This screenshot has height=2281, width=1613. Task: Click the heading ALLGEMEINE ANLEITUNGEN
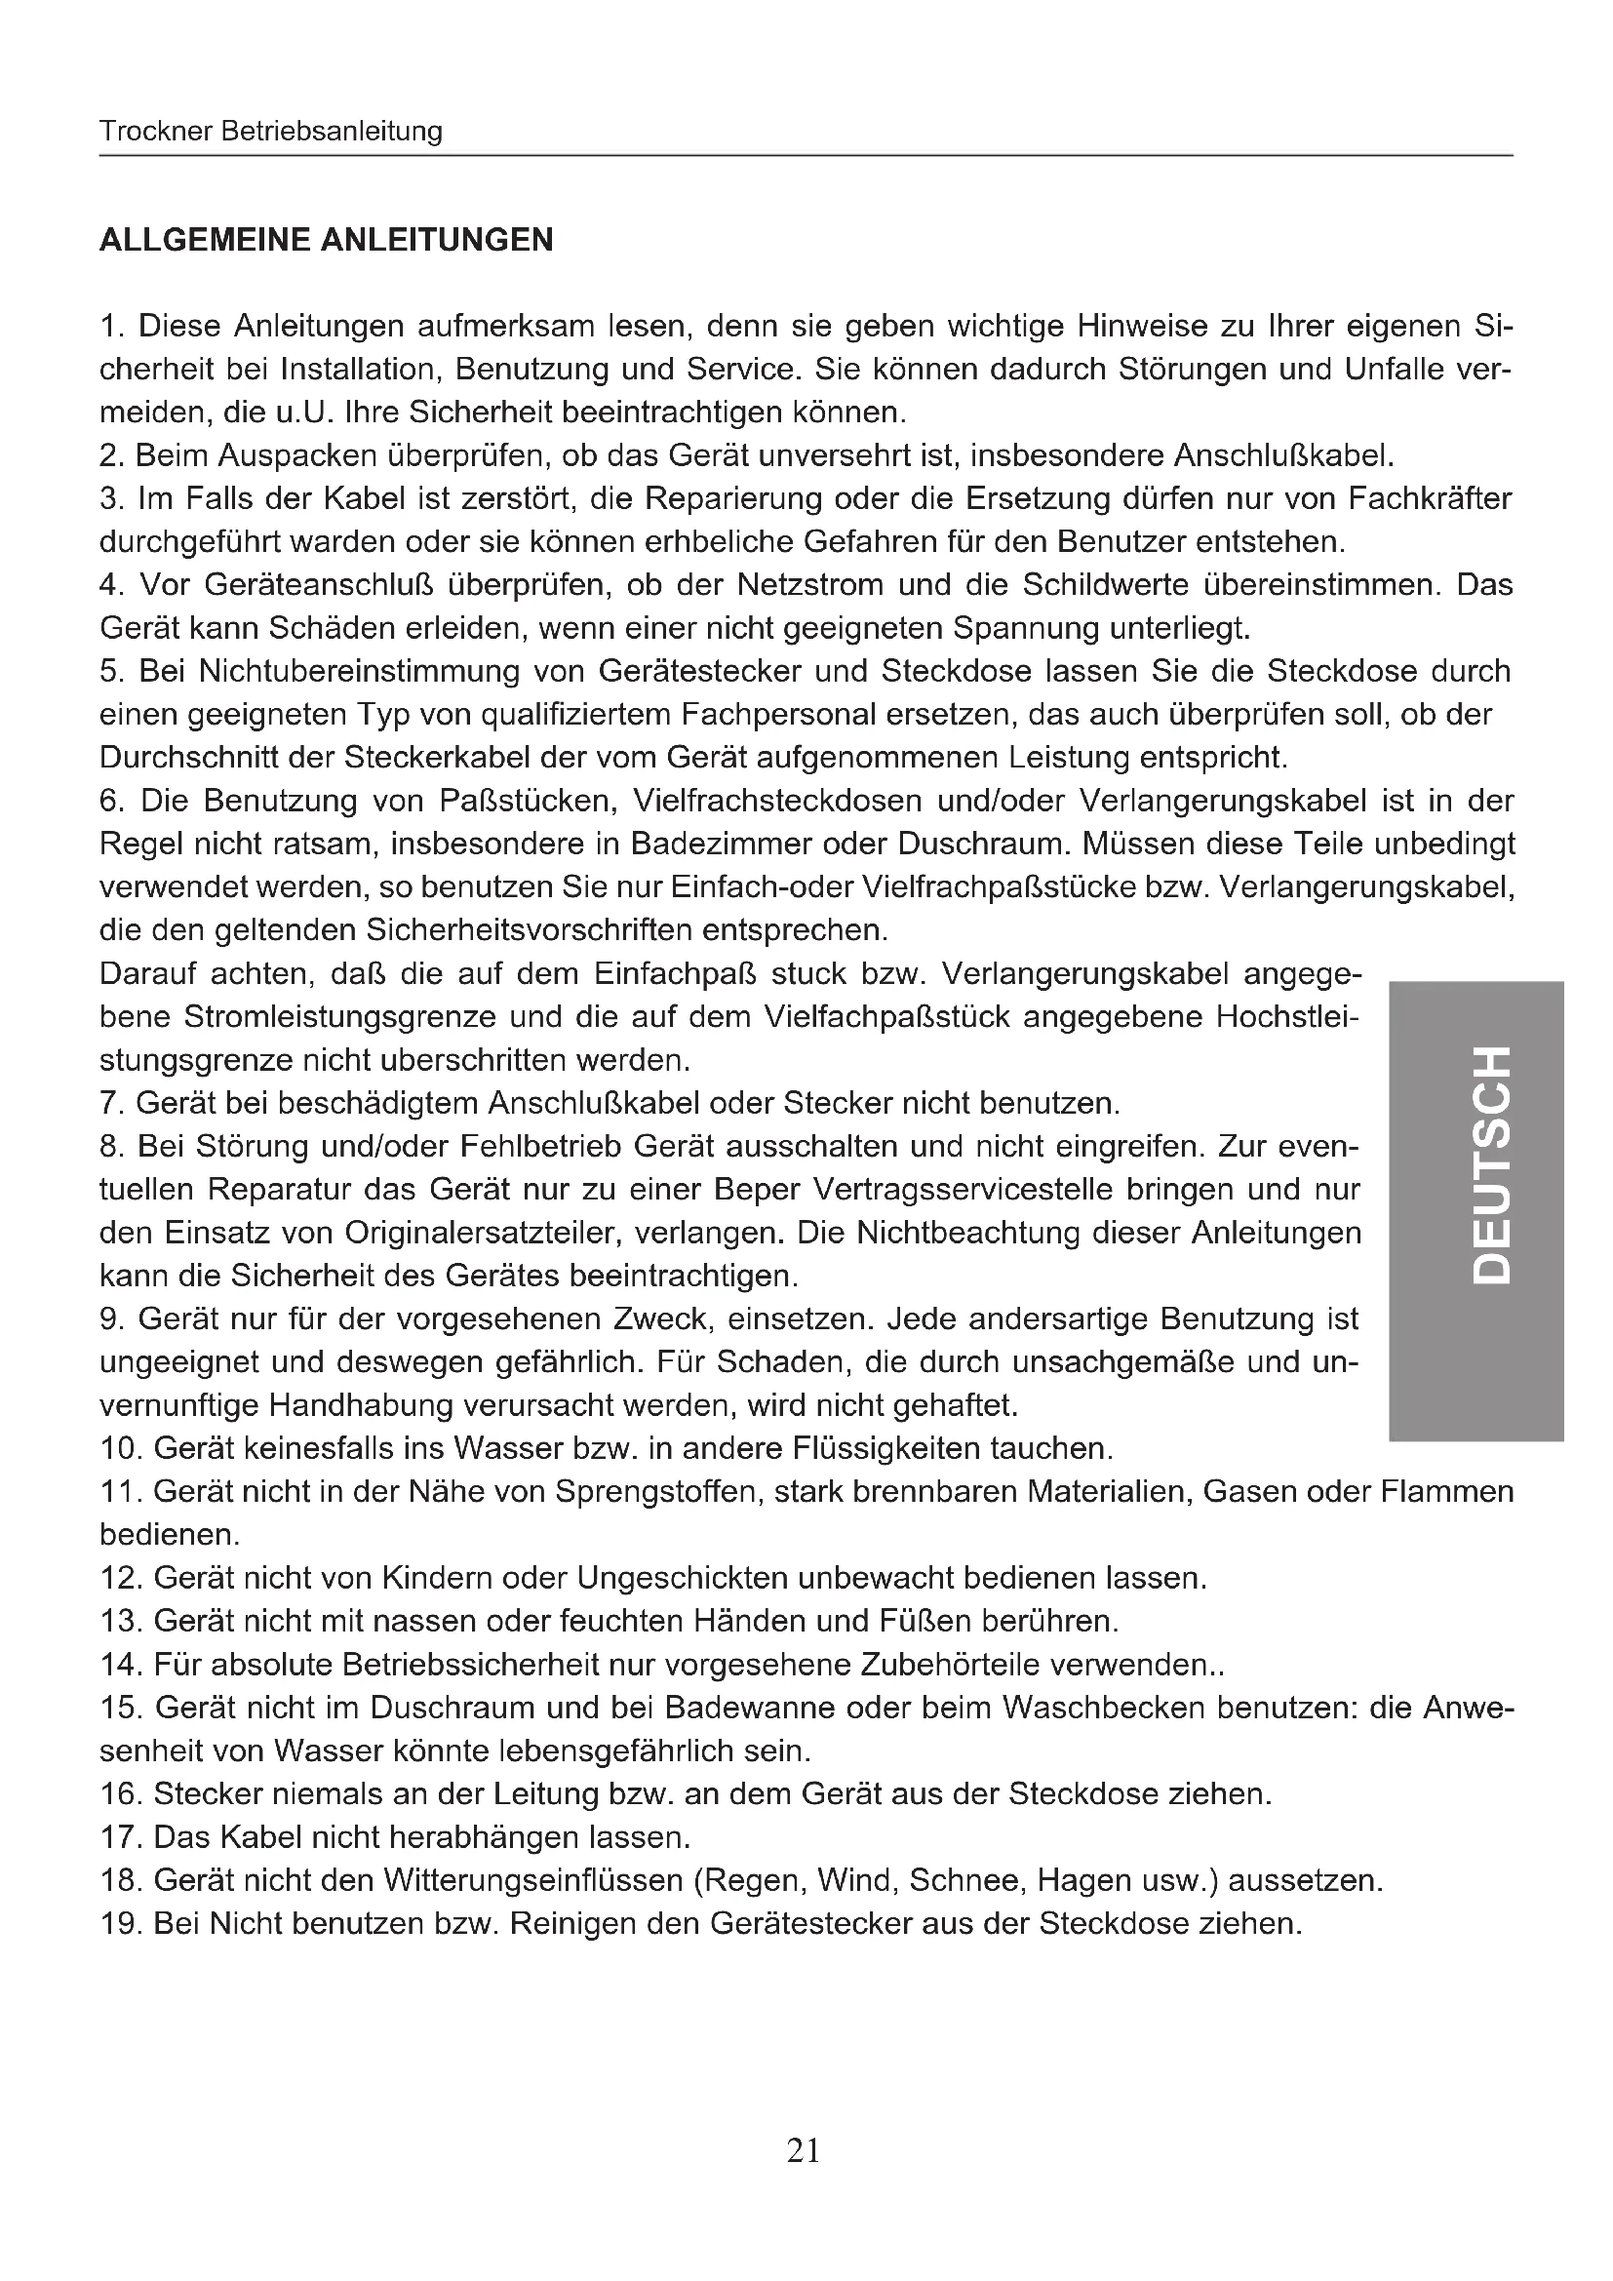coord(326,241)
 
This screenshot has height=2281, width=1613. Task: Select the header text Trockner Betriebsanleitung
coord(270,131)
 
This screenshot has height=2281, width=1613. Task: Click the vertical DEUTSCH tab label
coord(1492,1163)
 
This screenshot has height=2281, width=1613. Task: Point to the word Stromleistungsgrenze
coord(339,1017)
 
